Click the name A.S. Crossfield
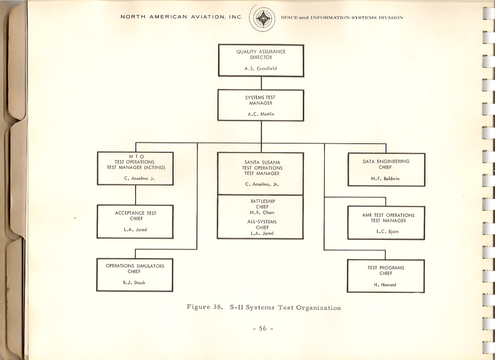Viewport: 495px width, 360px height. tap(261, 69)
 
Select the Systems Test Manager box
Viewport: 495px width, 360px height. tap(261, 105)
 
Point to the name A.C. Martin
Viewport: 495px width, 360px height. tap(261, 114)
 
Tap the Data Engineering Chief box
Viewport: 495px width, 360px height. tap(386, 169)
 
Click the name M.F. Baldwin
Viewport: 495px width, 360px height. tap(386, 179)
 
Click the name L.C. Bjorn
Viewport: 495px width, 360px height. tap(386, 232)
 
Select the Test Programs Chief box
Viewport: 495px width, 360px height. tap(386, 275)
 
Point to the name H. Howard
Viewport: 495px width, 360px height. tap(386, 285)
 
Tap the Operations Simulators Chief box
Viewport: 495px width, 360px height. tap(135, 275)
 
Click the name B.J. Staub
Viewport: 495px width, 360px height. tap(135, 283)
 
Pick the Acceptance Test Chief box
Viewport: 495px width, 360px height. tap(135, 221)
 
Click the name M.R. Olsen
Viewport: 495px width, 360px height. tap(261, 212)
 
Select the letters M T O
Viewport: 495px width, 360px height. tap(135, 156)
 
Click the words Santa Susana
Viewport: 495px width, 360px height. tap(261, 162)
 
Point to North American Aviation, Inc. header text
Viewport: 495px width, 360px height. tap(181, 17)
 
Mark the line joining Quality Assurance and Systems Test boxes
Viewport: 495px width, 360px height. tap(261, 83)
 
